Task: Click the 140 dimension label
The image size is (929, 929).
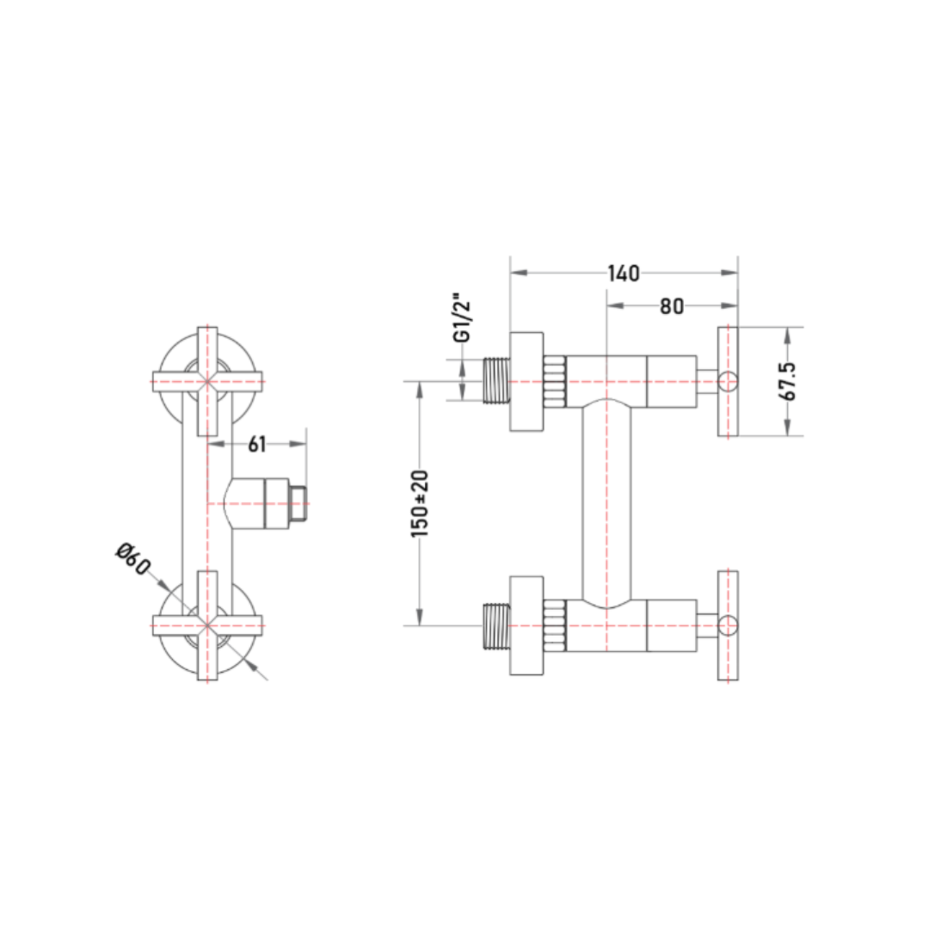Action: tap(624, 274)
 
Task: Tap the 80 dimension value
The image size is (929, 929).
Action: tap(672, 306)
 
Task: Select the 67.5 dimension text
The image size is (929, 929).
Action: tap(788, 382)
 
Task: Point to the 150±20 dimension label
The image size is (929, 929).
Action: tap(420, 503)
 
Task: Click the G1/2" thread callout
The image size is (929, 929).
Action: tap(462, 317)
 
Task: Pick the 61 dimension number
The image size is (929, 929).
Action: tap(256, 445)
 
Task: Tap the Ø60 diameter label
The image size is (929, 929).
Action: tap(132, 559)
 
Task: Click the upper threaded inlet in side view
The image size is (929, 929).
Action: tap(496, 381)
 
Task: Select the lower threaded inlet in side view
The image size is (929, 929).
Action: tap(496, 625)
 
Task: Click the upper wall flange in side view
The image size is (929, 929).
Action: tap(526, 382)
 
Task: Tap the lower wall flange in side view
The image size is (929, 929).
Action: tap(526, 625)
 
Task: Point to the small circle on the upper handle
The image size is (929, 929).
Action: tap(729, 382)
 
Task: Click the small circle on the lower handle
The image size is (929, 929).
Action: tap(729, 625)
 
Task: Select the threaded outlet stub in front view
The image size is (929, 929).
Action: tap(298, 503)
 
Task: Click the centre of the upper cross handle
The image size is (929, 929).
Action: tap(207, 382)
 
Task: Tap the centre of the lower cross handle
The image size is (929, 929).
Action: tap(207, 625)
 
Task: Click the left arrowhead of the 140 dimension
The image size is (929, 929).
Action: tap(519, 273)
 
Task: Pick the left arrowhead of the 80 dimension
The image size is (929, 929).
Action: tap(616, 305)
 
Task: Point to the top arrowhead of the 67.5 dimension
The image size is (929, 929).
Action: tap(787, 335)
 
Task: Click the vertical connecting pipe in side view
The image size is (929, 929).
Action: tap(606, 503)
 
